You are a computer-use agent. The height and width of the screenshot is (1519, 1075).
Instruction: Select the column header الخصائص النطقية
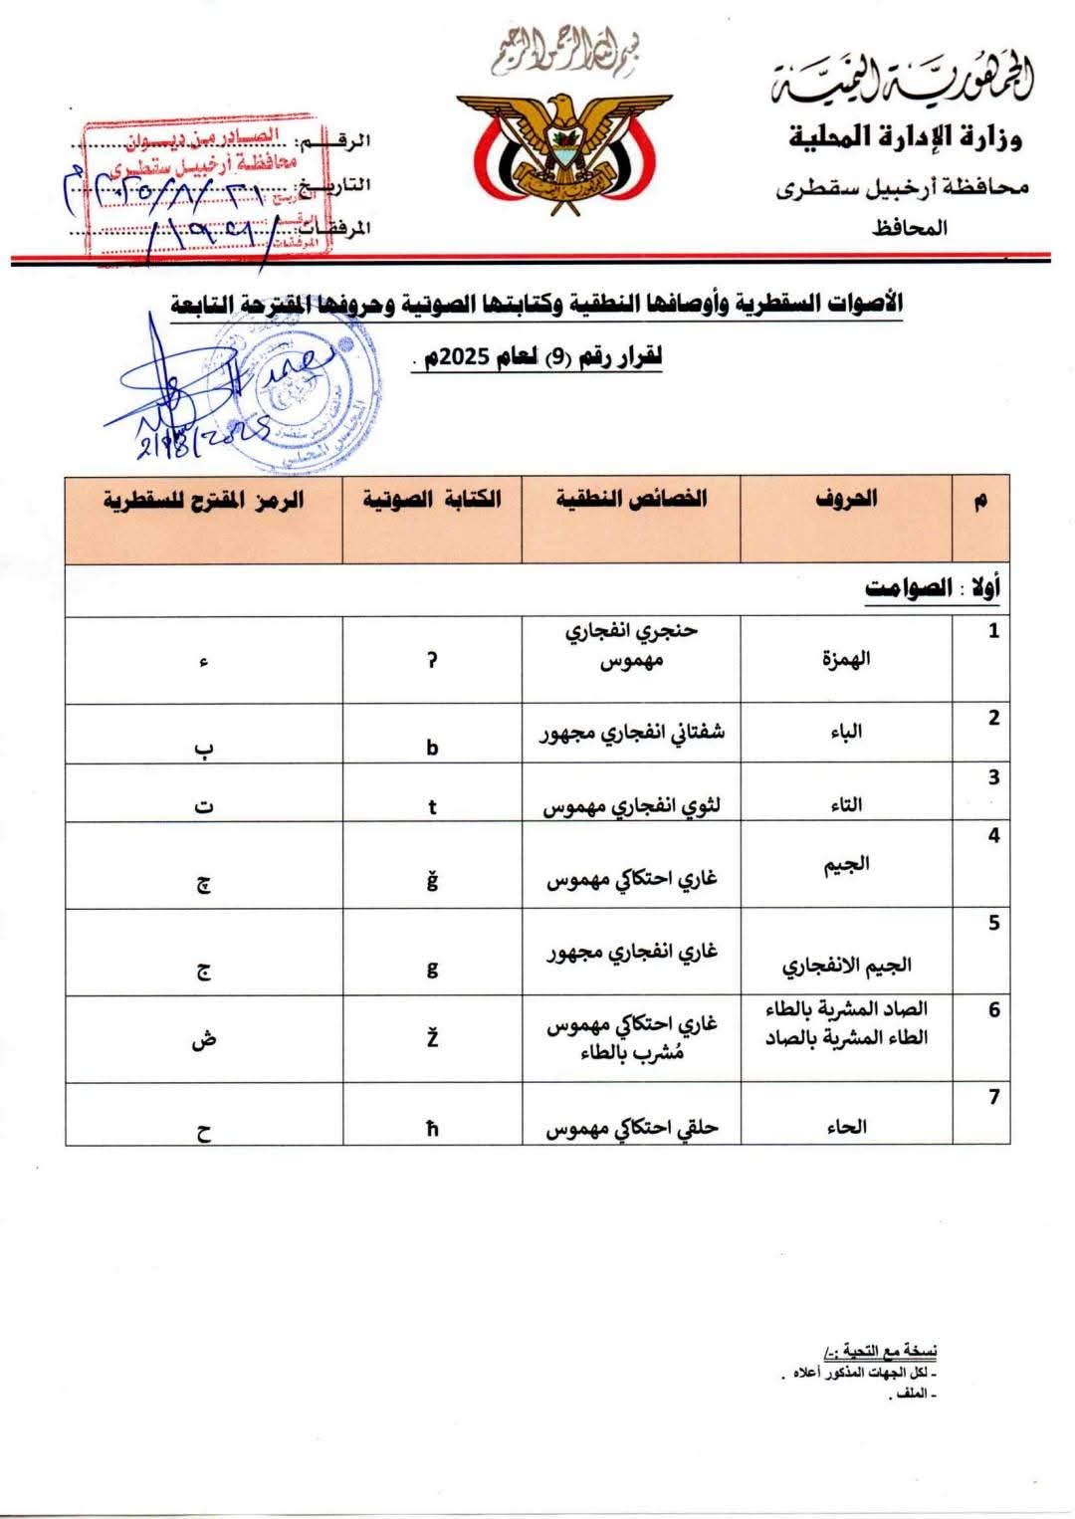(631, 499)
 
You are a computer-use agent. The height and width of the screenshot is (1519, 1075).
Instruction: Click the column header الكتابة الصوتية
(431, 499)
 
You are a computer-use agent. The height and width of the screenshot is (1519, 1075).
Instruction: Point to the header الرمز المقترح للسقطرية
(203, 500)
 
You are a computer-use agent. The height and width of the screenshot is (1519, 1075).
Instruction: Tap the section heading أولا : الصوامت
(932, 588)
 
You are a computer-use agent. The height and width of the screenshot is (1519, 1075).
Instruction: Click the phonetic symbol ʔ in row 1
(432, 660)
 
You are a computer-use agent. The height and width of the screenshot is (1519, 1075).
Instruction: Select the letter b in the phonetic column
(432, 747)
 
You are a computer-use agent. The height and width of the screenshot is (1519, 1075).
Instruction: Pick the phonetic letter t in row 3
(432, 806)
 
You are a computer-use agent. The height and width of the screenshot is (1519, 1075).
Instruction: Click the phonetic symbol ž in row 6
(432, 1039)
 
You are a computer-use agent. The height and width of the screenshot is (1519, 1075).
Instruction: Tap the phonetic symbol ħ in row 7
(432, 1129)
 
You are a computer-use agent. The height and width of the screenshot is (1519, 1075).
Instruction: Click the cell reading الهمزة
(846, 659)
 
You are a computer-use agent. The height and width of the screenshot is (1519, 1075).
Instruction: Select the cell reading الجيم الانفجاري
(846, 966)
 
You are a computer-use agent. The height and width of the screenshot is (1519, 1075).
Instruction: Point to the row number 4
(992, 836)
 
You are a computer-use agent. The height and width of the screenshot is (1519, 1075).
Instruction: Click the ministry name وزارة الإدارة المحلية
(905, 136)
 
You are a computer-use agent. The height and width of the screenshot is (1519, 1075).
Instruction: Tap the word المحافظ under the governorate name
(910, 228)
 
